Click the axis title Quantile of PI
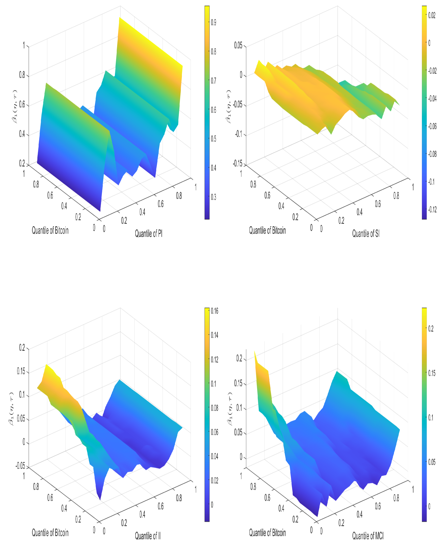coord(149,233)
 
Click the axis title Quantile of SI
coord(366,233)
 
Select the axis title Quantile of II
coord(148,536)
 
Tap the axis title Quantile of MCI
coord(368,536)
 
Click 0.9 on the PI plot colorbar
coord(213,22)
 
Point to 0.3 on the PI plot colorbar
coord(213,197)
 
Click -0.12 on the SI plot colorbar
coord(432,209)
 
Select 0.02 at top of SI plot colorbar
coord(432,15)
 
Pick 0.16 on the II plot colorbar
coord(215,311)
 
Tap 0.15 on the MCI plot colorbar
coord(432,373)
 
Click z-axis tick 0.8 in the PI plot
coord(22,75)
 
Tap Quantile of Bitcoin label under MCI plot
coord(267,533)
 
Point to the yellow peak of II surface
coord(46,365)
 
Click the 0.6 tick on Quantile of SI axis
coord(378,204)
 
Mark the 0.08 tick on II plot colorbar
coord(215,408)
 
